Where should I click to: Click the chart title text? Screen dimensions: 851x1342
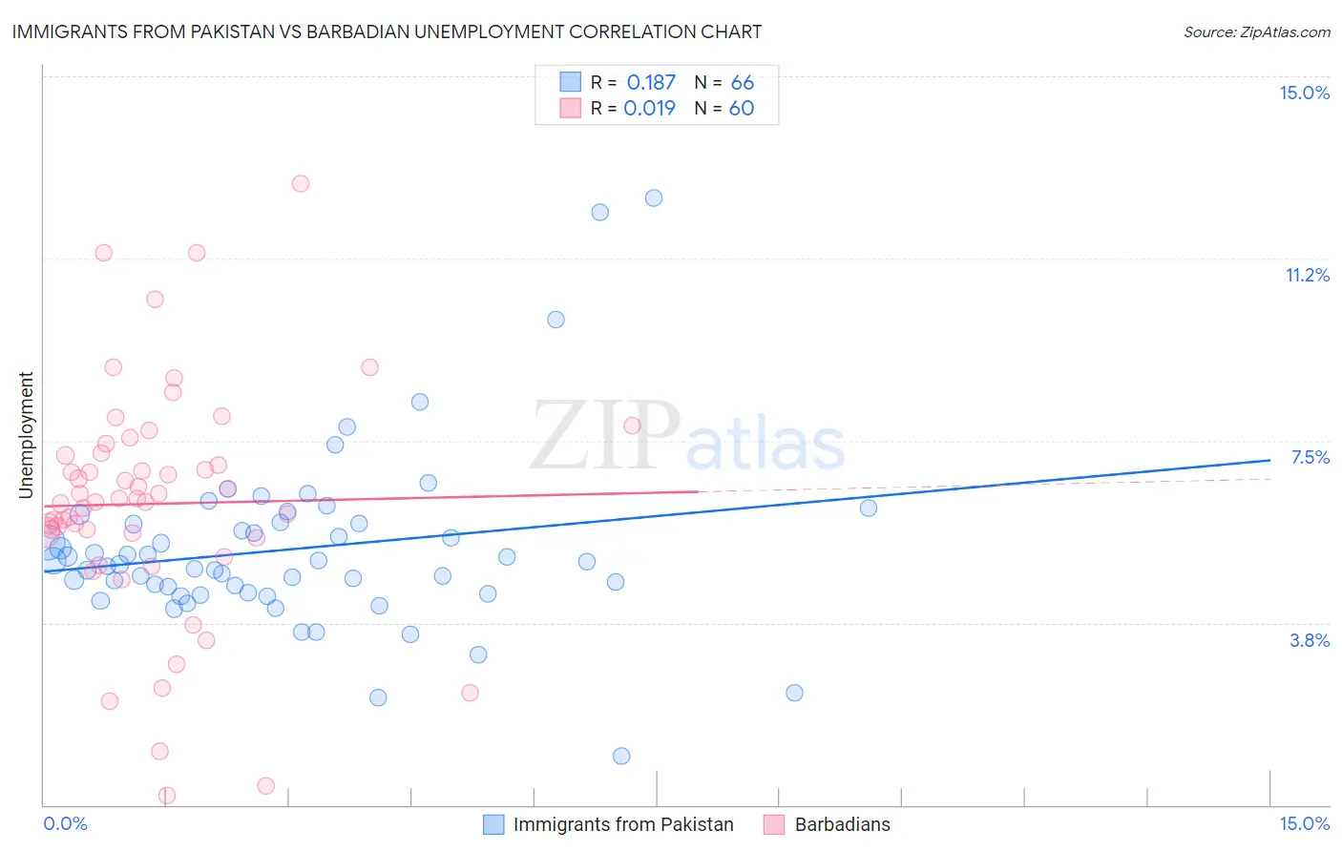point(387,31)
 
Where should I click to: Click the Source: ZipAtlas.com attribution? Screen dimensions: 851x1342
point(1256,31)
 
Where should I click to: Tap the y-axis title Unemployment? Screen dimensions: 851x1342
point(26,435)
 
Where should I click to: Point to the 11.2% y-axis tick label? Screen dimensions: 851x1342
point(1307,275)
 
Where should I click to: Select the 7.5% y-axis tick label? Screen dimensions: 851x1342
point(1310,457)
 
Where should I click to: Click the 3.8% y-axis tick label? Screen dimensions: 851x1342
point(1310,640)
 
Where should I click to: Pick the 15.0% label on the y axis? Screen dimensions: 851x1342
point(1304,93)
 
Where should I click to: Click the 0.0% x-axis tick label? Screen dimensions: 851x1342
point(65,823)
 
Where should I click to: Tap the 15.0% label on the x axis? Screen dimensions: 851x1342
point(1304,823)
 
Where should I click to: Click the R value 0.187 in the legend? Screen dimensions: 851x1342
point(651,82)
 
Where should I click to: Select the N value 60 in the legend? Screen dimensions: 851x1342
point(742,108)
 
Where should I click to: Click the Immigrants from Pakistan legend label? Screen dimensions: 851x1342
point(623,824)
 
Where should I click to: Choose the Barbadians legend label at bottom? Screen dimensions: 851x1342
point(842,824)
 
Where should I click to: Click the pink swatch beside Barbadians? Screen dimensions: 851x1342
point(774,824)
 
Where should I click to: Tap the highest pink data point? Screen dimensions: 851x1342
point(301,183)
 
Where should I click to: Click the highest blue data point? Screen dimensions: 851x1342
point(654,198)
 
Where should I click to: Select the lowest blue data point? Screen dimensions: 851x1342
point(621,756)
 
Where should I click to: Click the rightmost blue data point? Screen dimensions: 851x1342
point(869,508)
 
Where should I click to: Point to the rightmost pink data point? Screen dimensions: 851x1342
point(632,425)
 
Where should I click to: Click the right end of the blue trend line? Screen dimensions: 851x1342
point(1269,460)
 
